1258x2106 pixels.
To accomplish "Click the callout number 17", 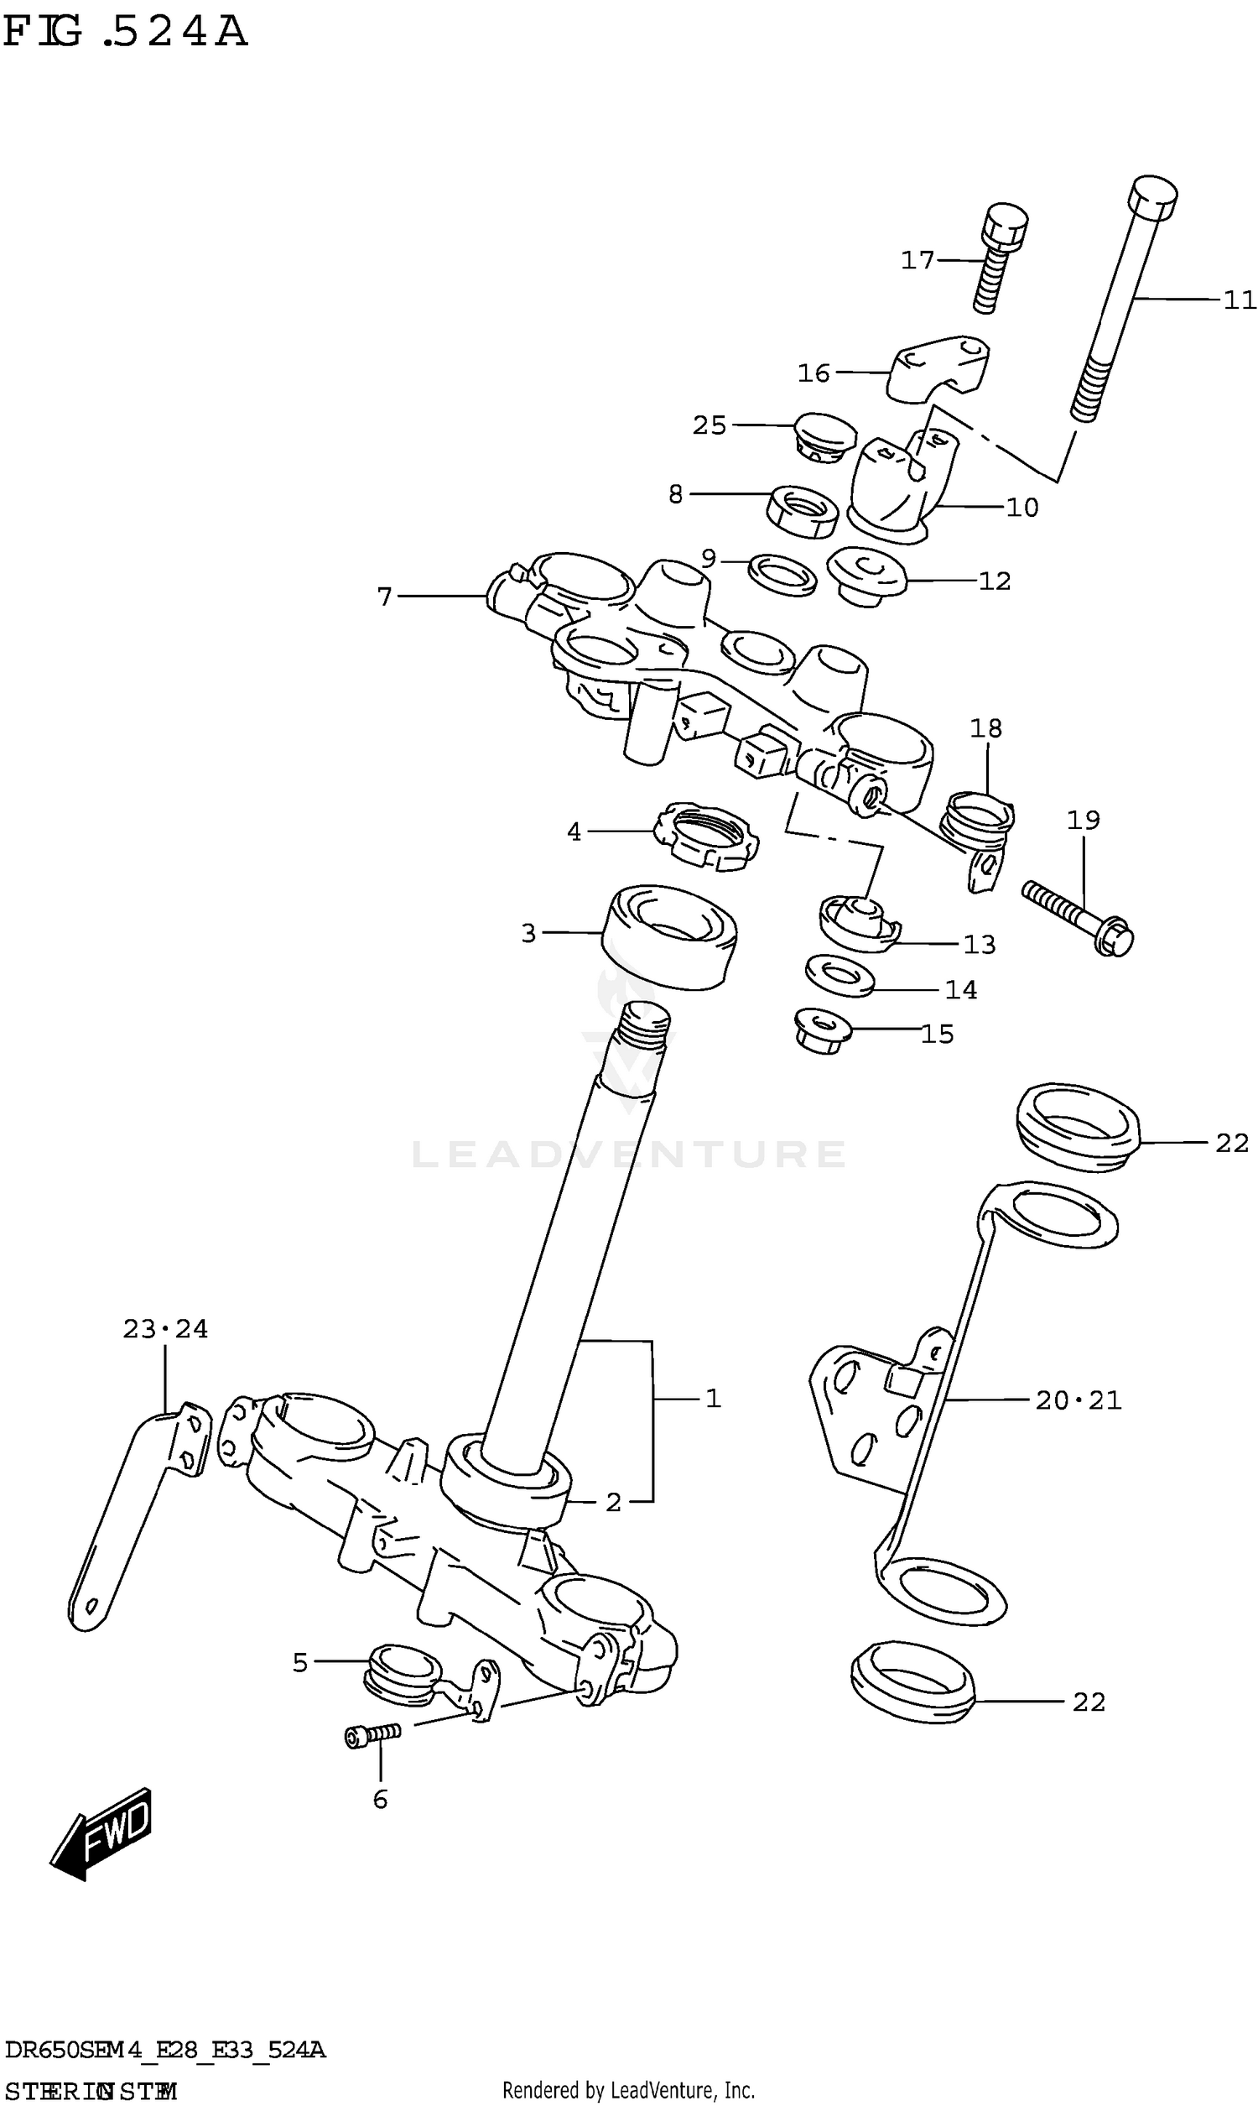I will pyautogui.click(x=917, y=259).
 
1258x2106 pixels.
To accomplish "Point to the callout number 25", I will pyautogui.click(x=710, y=425).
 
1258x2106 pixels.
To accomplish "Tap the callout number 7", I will pyautogui.click(x=385, y=597).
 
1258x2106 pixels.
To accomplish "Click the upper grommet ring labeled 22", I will pyautogui.click(x=1078, y=1127).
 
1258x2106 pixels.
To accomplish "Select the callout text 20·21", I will pyautogui.click(x=1079, y=1400).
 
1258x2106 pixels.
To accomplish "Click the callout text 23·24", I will pyautogui.click(x=165, y=1328).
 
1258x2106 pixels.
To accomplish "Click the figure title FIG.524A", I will pyautogui.click(x=126, y=32).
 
